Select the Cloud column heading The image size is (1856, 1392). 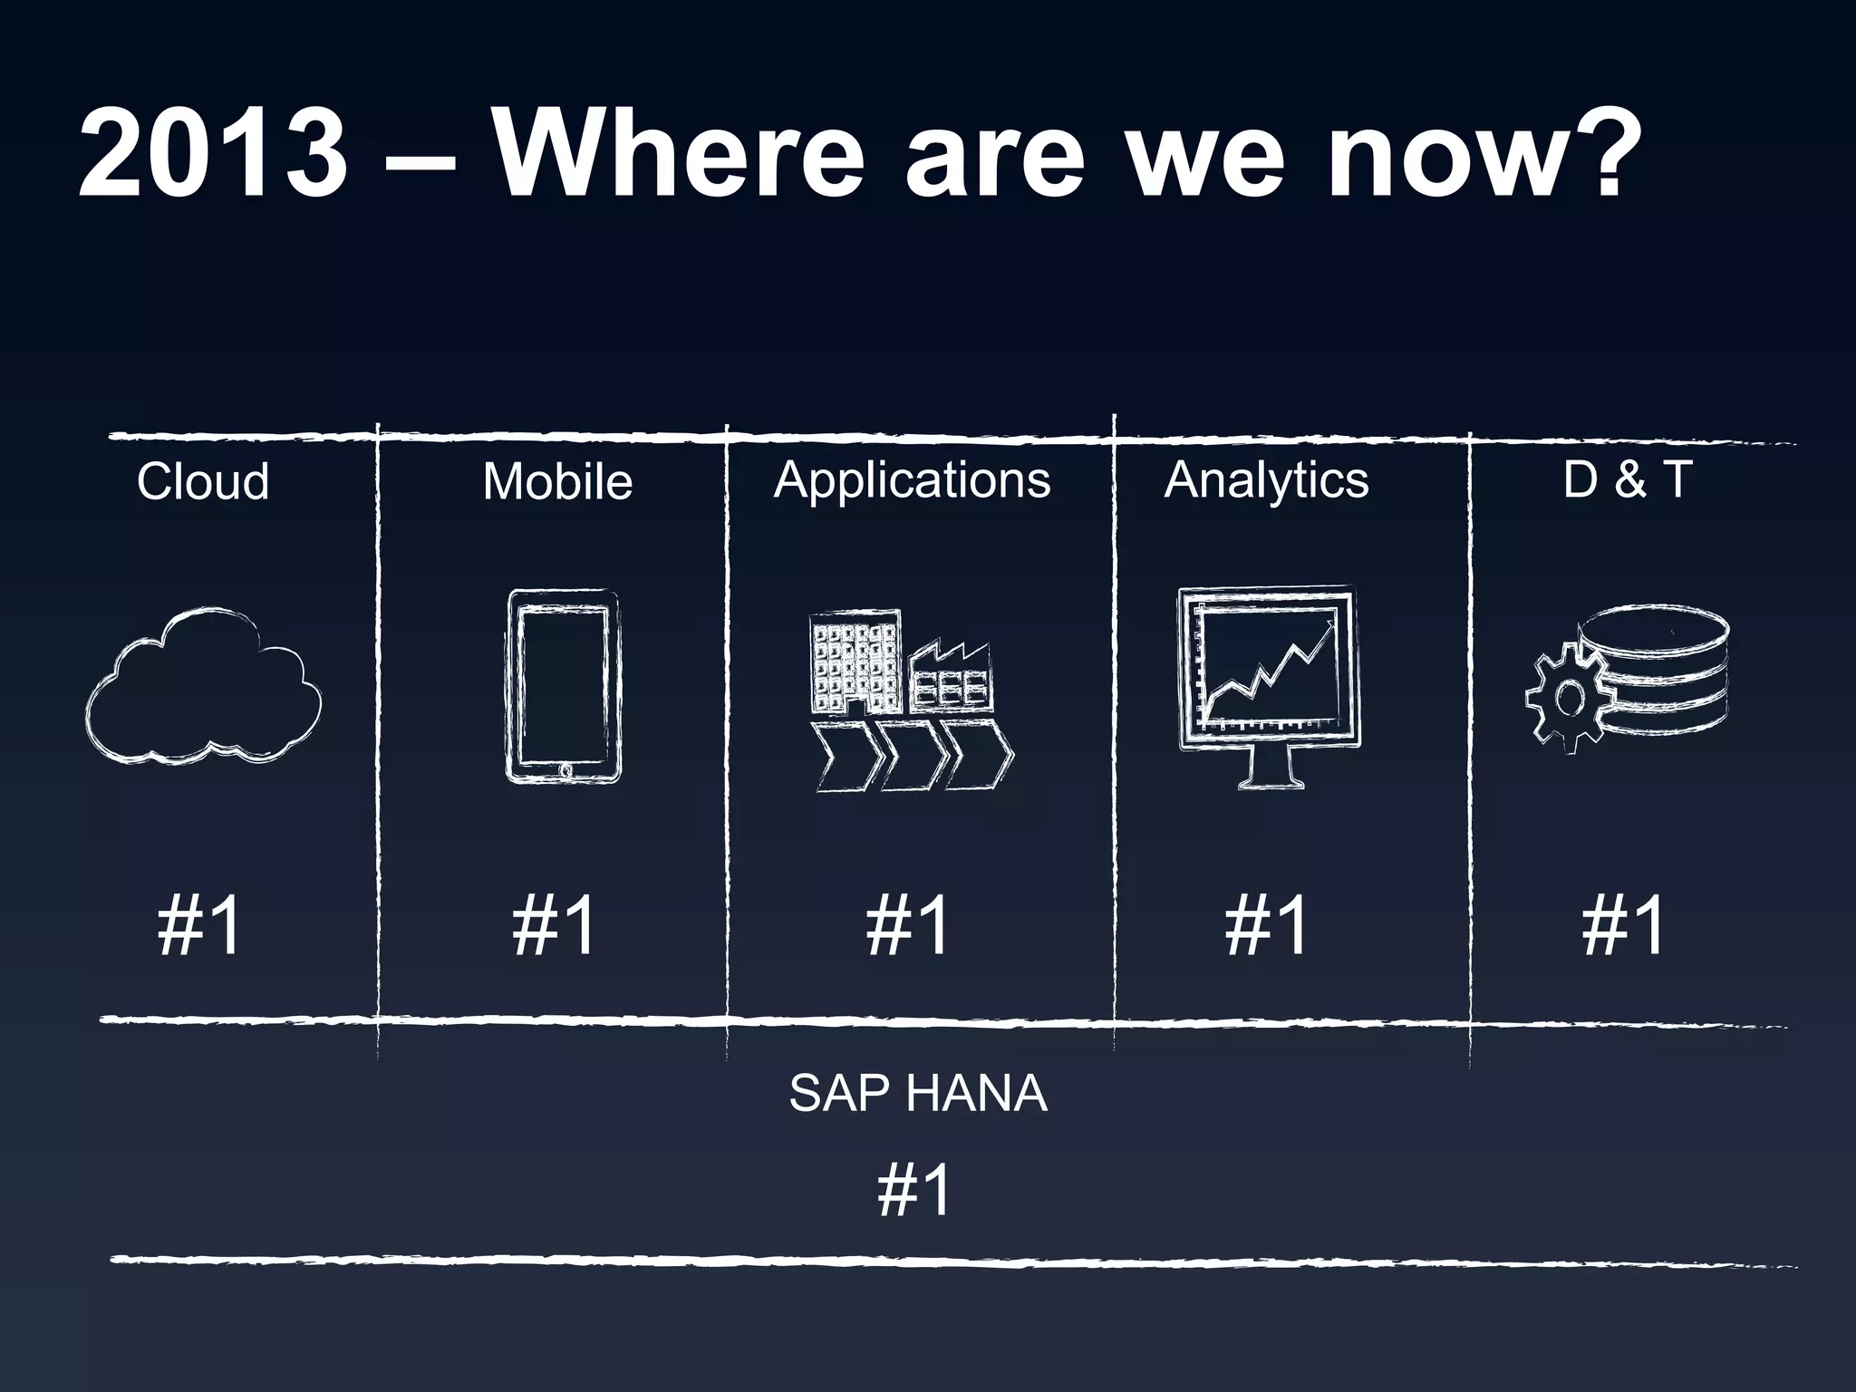[x=203, y=481]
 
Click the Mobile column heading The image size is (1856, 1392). [x=557, y=481]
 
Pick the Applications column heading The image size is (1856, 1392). [x=912, y=479]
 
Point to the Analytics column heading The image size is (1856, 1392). [x=1266, y=479]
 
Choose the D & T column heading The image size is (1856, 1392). [x=1628, y=478]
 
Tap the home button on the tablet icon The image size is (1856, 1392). [x=565, y=770]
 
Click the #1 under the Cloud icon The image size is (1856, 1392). [x=199, y=925]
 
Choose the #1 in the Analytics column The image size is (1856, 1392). [x=1266, y=925]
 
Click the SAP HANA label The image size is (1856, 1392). [x=917, y=1094]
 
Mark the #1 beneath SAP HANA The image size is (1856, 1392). [x=915, y=1191]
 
